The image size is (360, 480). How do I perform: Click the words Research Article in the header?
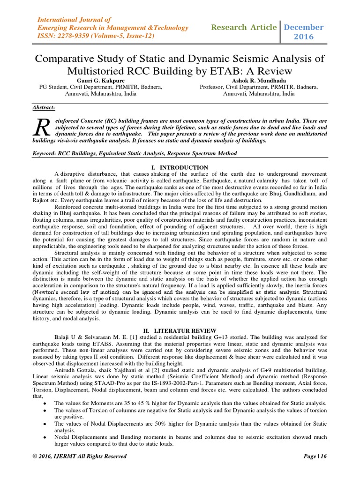tap(244, 27)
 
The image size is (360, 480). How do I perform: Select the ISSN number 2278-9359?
tap(71, 36)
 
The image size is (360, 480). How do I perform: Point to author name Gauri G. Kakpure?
tap(101, 80)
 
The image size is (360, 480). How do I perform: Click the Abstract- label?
tap(43, 108)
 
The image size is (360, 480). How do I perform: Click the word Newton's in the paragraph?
tap(47, 292)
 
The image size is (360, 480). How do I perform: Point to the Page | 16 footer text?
tap(316, 456)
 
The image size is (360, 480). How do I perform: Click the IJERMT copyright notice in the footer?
tap(79, 456)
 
